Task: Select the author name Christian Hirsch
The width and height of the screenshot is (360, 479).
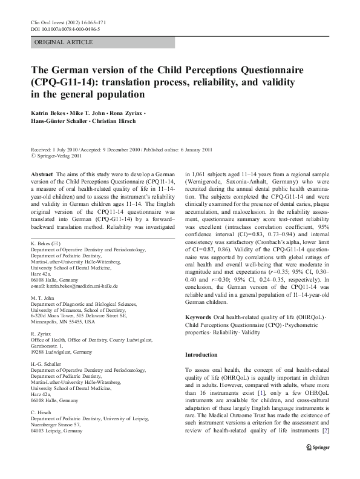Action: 123,123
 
